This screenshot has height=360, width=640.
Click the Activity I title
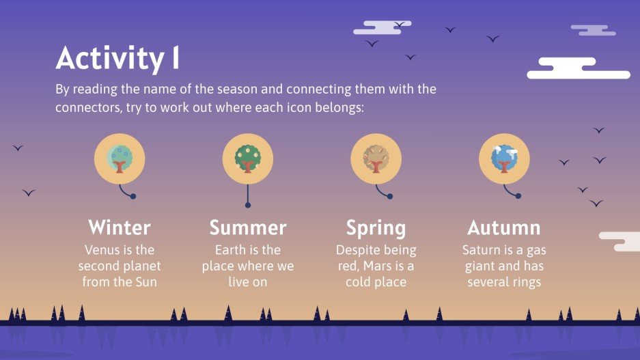(117, 59)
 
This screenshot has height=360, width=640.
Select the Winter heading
(120, 227)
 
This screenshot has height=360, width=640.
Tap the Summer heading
(248, 227)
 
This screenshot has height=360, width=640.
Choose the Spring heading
(376, 227)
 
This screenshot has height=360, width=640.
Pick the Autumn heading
(503, 227)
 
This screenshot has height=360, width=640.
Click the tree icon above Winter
(120, 158)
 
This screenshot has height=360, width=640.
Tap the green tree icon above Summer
(248, 158)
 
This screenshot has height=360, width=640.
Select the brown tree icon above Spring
(376, 158)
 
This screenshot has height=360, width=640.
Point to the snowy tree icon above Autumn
(504, 158)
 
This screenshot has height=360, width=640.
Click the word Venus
(102, 250)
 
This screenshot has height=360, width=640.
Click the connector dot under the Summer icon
(248, 205)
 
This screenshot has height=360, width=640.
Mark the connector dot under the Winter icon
(133, 197)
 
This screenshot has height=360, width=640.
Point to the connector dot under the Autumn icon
(518, 197)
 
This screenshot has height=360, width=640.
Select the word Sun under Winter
(145, 281)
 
